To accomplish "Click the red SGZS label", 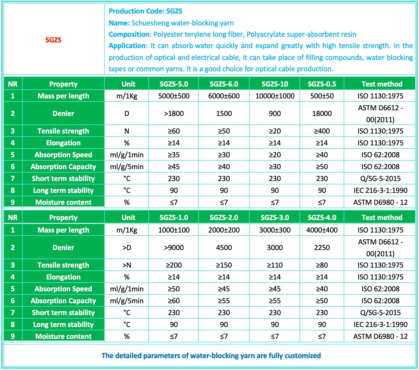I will (x=53, y=40).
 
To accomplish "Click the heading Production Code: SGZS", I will (x=146, y=11).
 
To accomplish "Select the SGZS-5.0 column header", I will (x=174, y=84).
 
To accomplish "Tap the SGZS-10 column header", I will (x=275, y=84).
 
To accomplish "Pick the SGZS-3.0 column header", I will (x=275, y=218).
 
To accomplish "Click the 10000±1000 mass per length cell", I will (x=275, y=96).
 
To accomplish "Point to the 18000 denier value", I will (x=322, y=113).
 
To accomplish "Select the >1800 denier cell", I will (x=174, y=113).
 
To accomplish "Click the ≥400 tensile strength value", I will (x=322, y=131).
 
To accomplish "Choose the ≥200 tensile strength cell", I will (x=174, y=265).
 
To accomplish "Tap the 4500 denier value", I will (x=224, y=248).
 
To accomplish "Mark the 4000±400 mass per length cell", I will (x=322, y=230).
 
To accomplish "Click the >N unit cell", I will (x=127, y=265).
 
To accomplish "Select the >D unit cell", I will (x=127, y=248).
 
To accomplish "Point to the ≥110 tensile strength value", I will (x=275, y=265).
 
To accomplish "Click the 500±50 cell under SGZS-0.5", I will (x=322, y=96).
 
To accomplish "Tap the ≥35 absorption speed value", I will (x=174, y=155).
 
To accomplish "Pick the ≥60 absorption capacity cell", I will (x=174, y=301).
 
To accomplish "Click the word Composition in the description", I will (x=129, y=35).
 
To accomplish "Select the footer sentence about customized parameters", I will (x=211, y=356).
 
